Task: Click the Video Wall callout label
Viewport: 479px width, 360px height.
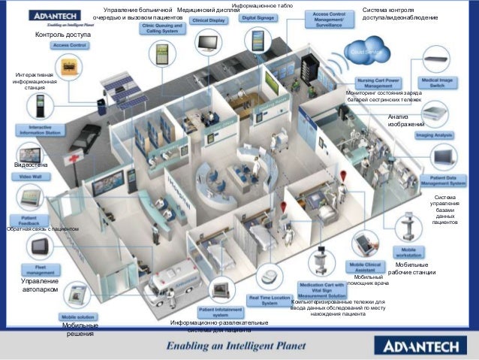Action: [31, 176]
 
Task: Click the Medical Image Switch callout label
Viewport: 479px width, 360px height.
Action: [440, 83]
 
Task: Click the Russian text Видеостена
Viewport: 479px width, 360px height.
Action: [30, 163]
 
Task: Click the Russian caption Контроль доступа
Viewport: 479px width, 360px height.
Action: [62, 35]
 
